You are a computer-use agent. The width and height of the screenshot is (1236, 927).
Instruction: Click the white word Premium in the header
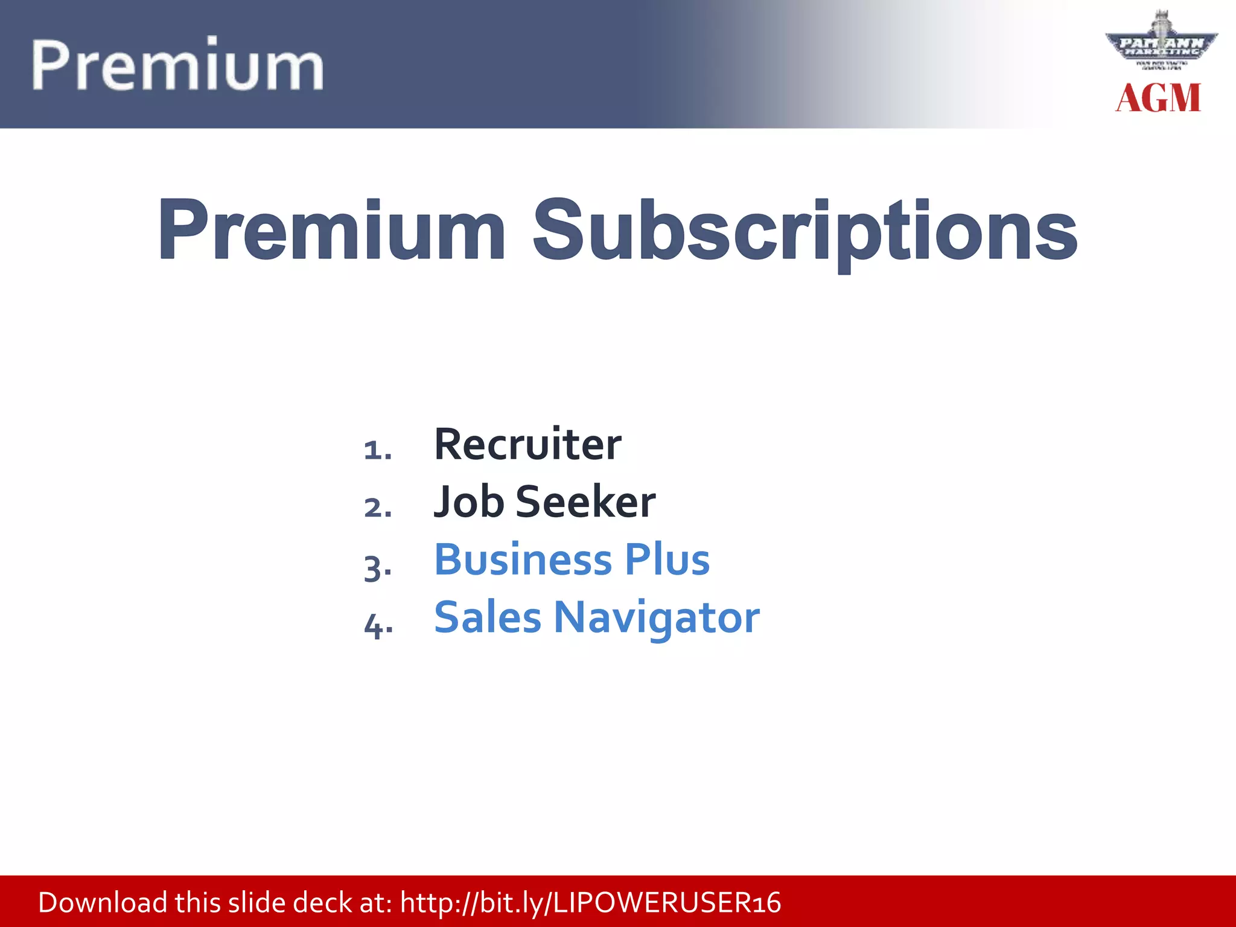tap(177, 65)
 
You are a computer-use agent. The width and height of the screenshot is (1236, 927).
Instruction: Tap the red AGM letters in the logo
tap(1158, 98)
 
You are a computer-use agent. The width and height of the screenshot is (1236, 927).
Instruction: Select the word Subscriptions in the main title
tap(805, 231)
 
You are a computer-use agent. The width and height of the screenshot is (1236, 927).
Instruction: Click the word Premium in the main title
tap(331, 231)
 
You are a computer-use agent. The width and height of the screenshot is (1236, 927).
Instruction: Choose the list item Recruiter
tap(527, 445)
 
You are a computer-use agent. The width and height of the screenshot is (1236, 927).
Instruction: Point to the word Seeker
tap(585, 502)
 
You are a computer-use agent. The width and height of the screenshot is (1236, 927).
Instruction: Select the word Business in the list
tap(523, 559)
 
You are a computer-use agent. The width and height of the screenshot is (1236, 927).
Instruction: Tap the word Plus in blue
tap(667, 559)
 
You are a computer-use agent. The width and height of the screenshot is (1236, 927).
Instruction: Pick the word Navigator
tap(657, 619)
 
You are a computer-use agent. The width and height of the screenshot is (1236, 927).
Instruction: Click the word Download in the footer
tap(103, 903)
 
